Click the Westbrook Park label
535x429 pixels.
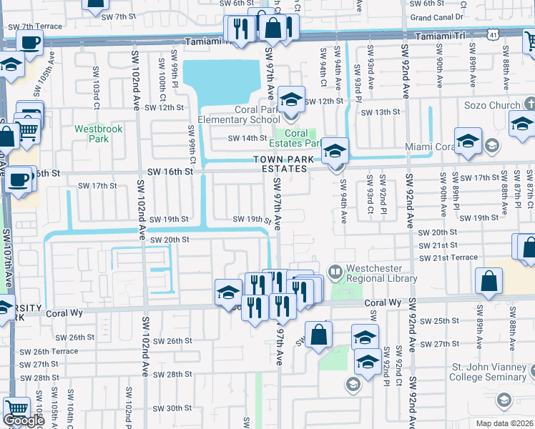coord(92,134)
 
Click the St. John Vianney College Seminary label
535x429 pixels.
coord(490,372)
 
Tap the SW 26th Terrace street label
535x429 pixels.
coord(49,351)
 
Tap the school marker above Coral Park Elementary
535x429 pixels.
coord(291,100)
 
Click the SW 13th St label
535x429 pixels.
coord(380,112)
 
